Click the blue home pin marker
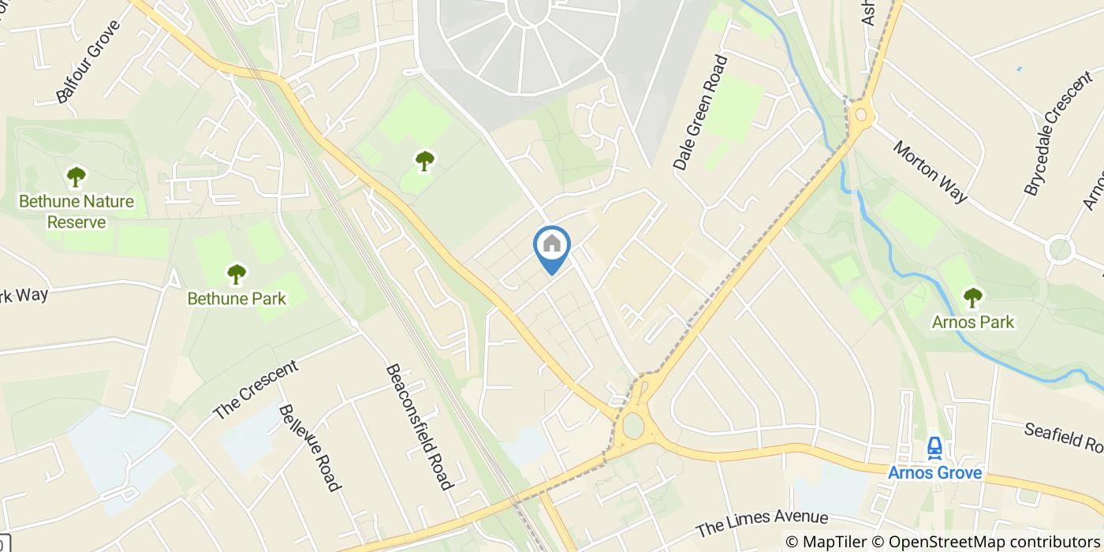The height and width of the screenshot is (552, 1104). click(x=552, y=247)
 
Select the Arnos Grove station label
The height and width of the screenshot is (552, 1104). click(x=934, y=473)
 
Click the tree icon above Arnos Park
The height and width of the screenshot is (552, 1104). click(x=973, y=298)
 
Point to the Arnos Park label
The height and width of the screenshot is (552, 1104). click(x=973, y=322)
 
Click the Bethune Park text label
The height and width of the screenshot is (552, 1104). click(x=237, y=299)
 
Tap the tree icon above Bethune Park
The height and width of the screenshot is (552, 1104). click(x=237, y=274)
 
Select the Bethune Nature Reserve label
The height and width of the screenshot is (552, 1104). click(x=76, y=211)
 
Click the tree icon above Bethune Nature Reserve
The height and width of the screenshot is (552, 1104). click(x=76, y=176)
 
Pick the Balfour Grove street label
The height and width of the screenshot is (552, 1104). click(x=88, y=62)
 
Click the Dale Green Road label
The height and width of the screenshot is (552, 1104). click(x=699, y=112)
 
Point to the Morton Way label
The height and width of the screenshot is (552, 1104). click(x=931, y=172)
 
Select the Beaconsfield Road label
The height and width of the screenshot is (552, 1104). click(x=419, y=427)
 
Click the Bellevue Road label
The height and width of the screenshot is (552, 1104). click(x=309, y=446)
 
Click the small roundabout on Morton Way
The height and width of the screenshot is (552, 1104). click(x=1061, y=249)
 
